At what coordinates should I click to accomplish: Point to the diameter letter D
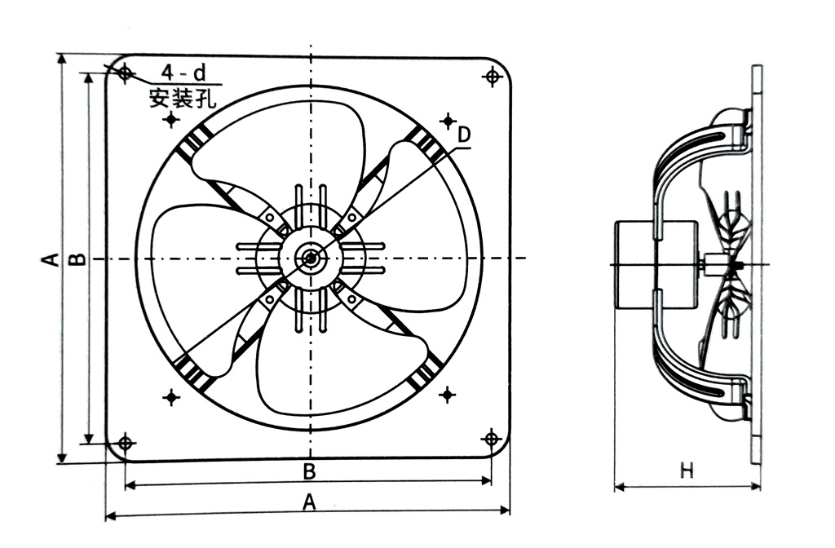click(462, 135)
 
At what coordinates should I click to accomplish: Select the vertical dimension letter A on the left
click(50, 259)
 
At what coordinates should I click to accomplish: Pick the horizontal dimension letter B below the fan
click(309, 471)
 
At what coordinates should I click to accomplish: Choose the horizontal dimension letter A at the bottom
click(309, 503)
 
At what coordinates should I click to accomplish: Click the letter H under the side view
click(687, 471)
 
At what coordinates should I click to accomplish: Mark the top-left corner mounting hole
click(125, 74)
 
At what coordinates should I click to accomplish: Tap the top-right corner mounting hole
click(491, 77)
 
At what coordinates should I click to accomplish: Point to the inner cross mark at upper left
click(171, 120)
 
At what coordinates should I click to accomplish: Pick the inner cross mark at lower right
click(447, 396)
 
